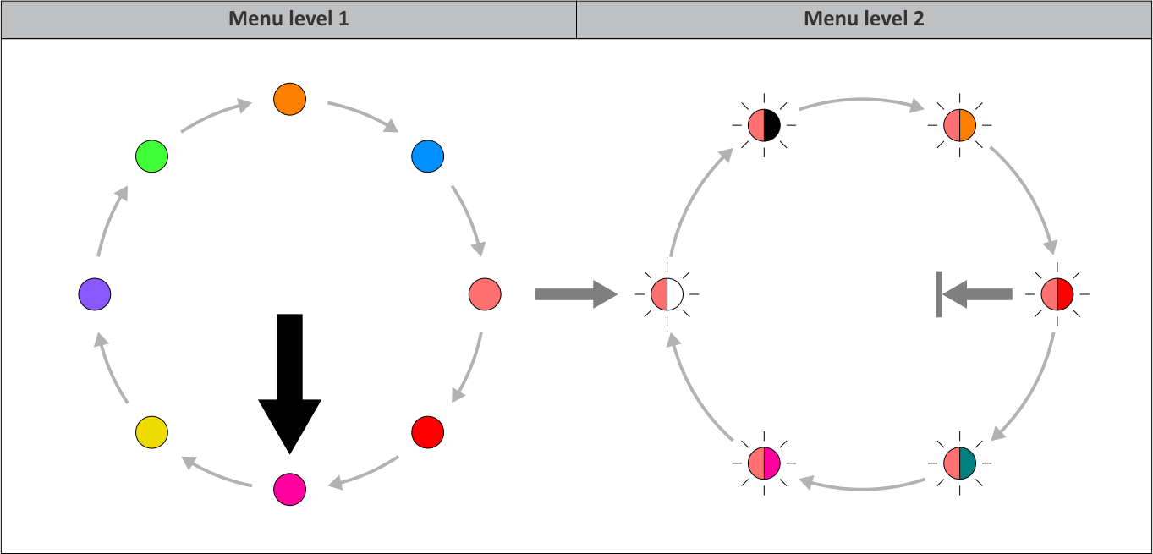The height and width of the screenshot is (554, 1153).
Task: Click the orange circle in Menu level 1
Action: coord(289,99)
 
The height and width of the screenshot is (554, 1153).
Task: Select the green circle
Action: coord(151,156)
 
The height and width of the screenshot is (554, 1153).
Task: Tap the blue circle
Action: coord(428,156)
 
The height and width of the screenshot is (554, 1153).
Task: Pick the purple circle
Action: coord(94,294)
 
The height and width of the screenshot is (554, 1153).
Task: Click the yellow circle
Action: coord(151,432)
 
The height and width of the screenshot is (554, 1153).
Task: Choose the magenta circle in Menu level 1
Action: coord(289,490)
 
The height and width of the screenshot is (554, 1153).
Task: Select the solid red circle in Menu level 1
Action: coord(428,432)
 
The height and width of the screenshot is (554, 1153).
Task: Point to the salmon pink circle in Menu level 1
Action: coord(485,294)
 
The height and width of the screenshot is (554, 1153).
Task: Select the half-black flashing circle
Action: coord(764,125)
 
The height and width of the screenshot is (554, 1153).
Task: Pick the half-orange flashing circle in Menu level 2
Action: coord(960,125)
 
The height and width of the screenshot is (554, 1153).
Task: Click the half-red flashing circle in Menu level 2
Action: coord(1057,294)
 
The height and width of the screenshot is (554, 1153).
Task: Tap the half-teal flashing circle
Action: coord(960,463)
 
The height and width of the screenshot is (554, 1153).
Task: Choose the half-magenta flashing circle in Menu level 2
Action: coord(764,463)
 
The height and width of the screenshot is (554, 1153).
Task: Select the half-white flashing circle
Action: coord(667,294)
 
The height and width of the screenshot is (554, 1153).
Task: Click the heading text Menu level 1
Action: coord(288,19)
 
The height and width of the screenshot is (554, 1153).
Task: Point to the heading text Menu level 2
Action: coord(864,19)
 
